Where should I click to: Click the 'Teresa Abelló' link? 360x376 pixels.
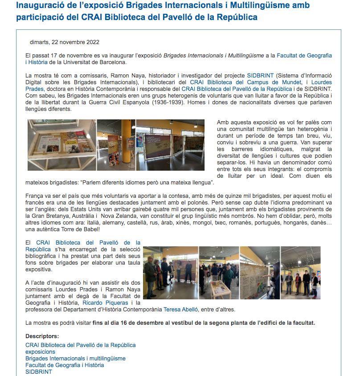pyautogui.click(x=181, y=310)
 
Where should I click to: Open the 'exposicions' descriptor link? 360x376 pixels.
pyautogui.click(x=40, y=352)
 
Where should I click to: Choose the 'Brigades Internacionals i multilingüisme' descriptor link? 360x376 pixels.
pyautogui.click(x=75, y=359)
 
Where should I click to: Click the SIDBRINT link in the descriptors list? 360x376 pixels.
pyautogui.click(x=39, y=372)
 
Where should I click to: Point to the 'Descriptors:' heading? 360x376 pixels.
pyautogui.click(x=42, y=336)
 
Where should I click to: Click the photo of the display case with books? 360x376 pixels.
pyautogui.click(x=61, y=145)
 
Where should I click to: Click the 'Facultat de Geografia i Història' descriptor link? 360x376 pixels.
pyautogui.click(x=65, y=365)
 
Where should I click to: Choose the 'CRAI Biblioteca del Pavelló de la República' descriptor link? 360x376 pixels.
pyautogui.click(x=81, y=345)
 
